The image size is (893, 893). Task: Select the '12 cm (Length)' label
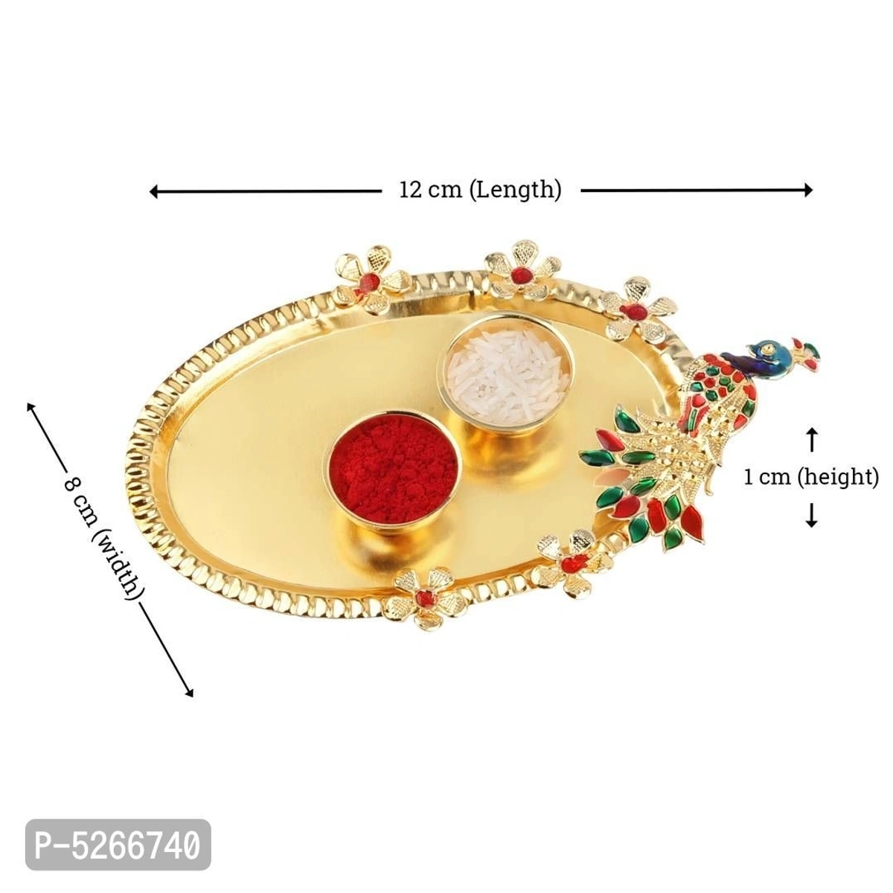pos(480,190)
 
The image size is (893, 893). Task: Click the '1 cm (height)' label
pos(811,476)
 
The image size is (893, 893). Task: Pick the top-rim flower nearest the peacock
pos(637,307)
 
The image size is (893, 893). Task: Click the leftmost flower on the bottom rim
pos(424,594)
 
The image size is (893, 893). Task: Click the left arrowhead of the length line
pos(153,191)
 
